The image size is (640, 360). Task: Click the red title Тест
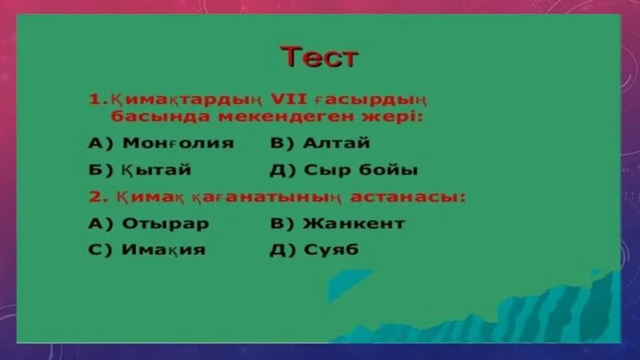point(319,58)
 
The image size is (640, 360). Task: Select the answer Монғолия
point(178,144)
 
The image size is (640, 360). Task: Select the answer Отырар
point(166,223)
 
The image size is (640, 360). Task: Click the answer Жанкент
point(354,223)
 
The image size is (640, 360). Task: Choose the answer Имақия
point(163,249)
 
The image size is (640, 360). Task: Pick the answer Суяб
point(330,249)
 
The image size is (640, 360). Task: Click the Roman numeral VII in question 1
point(292,101)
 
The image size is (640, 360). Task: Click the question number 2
point(94,197)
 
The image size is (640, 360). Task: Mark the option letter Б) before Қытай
point(99,170)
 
